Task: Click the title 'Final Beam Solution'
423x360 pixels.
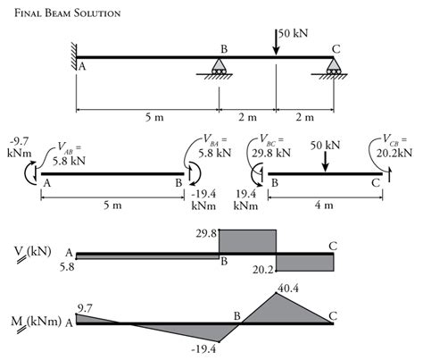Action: [62, 13]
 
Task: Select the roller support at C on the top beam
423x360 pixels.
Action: [335, 67]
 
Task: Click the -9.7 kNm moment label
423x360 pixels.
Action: [19, 147]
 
